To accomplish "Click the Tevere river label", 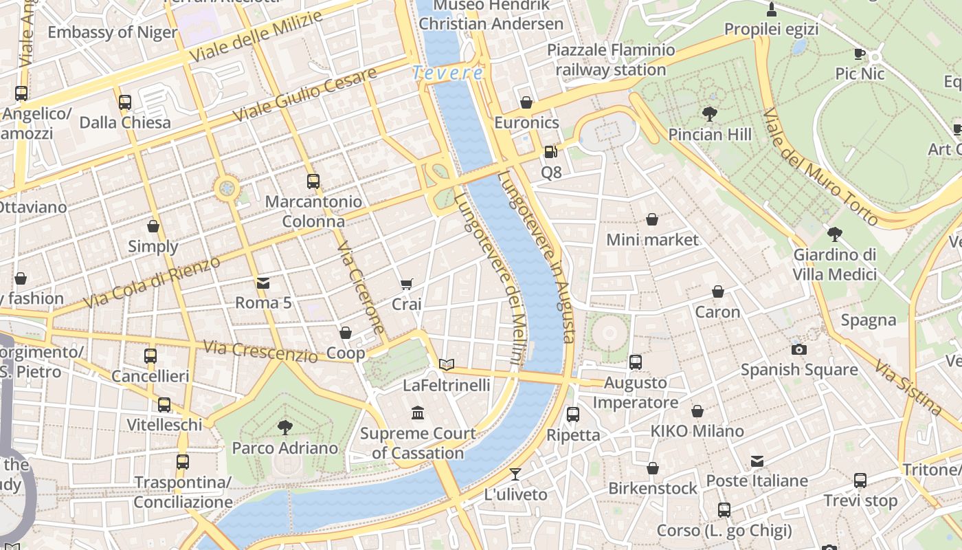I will coord(448,72).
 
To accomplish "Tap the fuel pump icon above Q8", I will coord(550,152).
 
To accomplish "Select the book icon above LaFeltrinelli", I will coord(447,364).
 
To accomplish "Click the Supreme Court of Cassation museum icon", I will coord(418,412).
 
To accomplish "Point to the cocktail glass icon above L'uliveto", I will coord(515,474).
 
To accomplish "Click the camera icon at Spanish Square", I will coord(798,349).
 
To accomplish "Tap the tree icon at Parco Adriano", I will coord(284,428).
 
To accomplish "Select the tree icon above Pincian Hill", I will coord(710,113).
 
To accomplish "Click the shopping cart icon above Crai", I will coord(407,284).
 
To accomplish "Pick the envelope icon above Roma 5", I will coord(263,283).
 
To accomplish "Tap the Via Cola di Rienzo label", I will coord(152,283).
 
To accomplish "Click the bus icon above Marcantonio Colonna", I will coord(313,181).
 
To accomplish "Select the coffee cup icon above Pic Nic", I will coord(860,54).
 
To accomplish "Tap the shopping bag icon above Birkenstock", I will coord(653,468).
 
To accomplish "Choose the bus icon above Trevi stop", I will coord(860,481).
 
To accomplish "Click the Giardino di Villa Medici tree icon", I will coord(835,234).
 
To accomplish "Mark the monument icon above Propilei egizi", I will coord(772,10).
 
